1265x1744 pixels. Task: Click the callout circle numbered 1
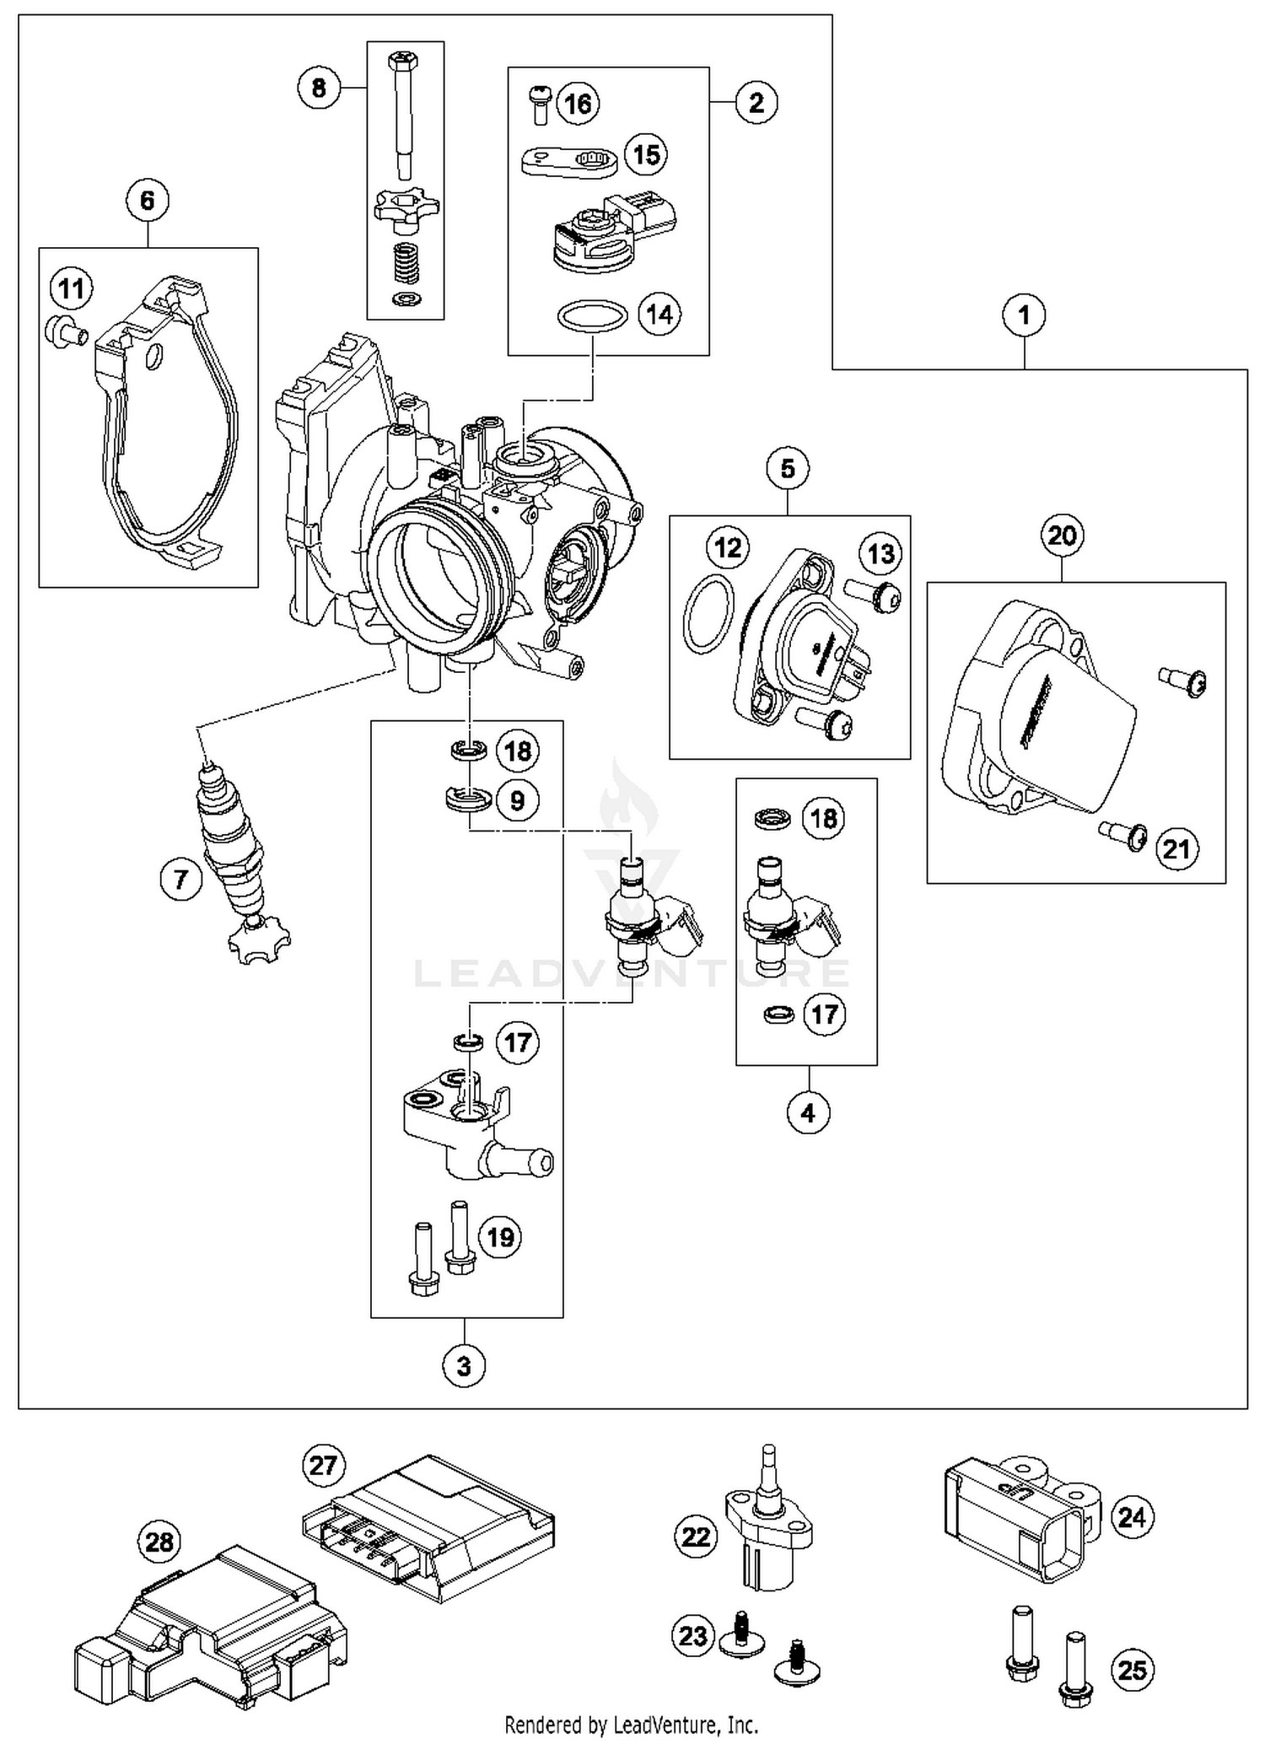tap(1024, 315)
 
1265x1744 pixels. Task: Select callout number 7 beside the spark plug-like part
tap(181, 880)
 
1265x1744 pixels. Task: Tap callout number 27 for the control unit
tap(323, 1465)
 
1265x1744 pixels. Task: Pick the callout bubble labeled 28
tap(159, 1542)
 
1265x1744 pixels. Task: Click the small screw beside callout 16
tap(540, 104)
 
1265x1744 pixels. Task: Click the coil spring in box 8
tap(407, 262)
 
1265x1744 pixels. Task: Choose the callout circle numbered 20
tap(1062, 535)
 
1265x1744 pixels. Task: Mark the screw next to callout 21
tap(1123, 835)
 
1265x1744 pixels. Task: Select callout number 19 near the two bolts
tap(501, 1237)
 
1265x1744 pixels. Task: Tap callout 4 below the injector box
tap(808, 1113)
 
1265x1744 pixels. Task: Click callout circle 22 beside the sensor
tap(696, 1537)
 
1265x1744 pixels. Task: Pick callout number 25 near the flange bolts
tap(1132, 1670)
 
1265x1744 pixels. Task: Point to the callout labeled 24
tap(1132, 1517)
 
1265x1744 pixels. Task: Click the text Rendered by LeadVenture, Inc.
tap(631, 1724)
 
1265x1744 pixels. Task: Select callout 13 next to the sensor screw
tap(880, 554)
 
